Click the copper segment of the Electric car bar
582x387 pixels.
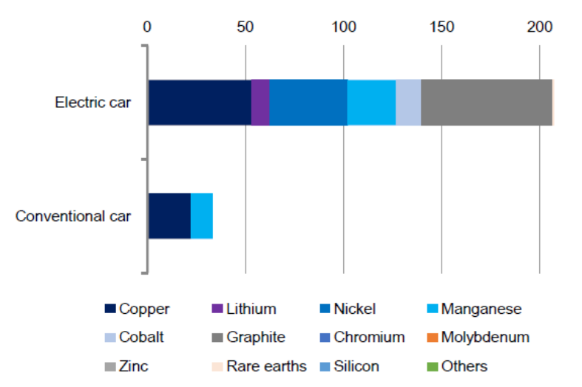(200, 102)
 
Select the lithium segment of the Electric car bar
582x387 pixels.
(260, 102)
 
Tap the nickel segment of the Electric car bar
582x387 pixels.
(308, 102)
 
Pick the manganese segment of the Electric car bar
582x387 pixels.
(371, 102)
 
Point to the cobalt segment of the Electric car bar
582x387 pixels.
(408, 102)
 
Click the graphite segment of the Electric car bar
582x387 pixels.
(486, 102)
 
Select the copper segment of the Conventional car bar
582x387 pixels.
(169, 216)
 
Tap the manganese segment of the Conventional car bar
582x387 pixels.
(202, 216)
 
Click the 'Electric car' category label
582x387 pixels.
(93, 103)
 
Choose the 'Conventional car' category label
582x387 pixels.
(73, 216)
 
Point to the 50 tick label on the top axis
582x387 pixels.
(245, 27)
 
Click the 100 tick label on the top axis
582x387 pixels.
(343, 27)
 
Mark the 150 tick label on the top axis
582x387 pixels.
(441, 27)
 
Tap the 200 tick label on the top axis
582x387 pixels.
(539, 27)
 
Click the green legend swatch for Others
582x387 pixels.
(433, 366)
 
